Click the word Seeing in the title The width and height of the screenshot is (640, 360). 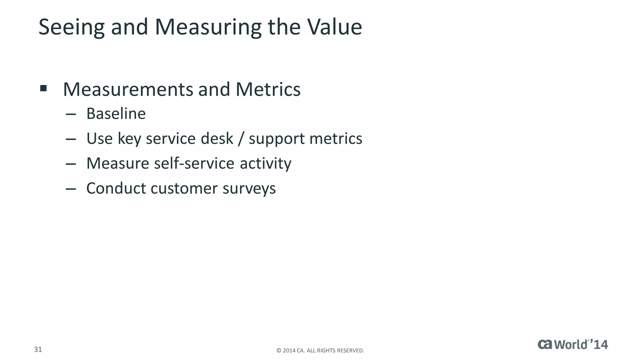pos(71,27)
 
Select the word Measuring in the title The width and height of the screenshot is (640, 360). pos(208,27)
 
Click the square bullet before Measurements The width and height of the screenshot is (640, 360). pos(43,88)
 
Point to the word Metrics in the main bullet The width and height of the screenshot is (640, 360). pos(268,89)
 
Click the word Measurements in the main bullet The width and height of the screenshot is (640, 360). pos(128,89)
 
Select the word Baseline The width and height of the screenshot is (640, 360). pos(116,113)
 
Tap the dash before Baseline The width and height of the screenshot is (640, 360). pos(71,114)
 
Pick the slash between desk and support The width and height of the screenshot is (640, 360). pos(241,139)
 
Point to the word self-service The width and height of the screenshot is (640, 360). pos(194,163)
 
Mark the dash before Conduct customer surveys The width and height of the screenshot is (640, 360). pos(71,189)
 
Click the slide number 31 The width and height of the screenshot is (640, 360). pos(38,349)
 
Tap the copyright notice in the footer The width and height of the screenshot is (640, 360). pos(320,351)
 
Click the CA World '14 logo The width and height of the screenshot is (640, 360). pos(572,344)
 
